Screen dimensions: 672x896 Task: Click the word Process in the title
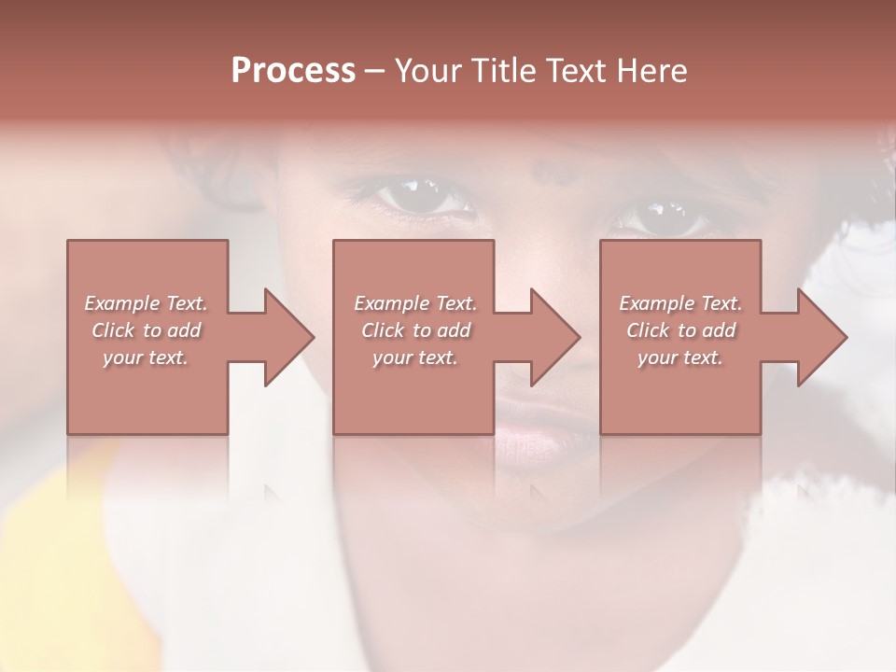(x=293, y=70)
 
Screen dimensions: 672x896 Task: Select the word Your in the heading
(x=427, y=70)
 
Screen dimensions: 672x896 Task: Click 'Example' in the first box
(x=122, y=302)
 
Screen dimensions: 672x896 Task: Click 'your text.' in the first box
(x=145, y=357)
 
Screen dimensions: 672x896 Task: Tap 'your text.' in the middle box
(x=414, y=357)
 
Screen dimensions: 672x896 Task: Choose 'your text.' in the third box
(x=679, y=357)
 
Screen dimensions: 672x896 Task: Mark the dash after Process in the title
(x=375, y=71)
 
